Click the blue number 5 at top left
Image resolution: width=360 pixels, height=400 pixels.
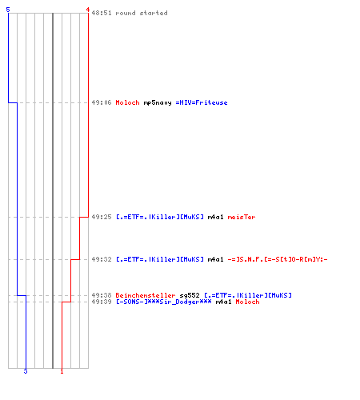[x=8, y=10]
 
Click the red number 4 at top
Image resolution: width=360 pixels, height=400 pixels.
[x=88, y=10]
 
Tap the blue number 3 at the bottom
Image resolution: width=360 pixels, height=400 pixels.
[x=26, y=371]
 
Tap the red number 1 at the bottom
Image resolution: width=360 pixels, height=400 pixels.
[x=62, y=371]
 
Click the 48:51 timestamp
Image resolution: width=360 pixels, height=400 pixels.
[x=102, y=13]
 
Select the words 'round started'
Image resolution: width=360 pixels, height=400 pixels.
[x=142, y=13]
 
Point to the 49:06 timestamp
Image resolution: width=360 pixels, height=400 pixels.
[x=102, y=102]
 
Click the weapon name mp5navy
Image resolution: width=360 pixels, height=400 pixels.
[x=158, y=103]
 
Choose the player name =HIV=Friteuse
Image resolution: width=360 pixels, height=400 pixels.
[x=202, y=102]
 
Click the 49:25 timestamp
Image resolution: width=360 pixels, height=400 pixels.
[x=102, y=217]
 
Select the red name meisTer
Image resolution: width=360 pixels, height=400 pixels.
[x=242, y=217]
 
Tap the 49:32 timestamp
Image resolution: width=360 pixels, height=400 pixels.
[x=102, y=259]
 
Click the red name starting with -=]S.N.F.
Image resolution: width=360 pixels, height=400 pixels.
[x=278, y=259]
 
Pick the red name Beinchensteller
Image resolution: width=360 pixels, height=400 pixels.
[x=146, y=295]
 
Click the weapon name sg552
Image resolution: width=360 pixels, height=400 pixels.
[x=190, y=296]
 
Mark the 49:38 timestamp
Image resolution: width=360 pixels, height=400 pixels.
[x=102, y=295]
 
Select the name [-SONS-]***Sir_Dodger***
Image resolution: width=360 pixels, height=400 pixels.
[x=163, y=302]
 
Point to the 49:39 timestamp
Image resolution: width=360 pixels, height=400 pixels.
[x=102, y=302]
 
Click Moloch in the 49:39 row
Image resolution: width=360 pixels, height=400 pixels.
[x=247, y=302]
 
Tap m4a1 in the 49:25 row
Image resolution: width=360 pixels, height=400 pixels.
[x=215, y=217]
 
